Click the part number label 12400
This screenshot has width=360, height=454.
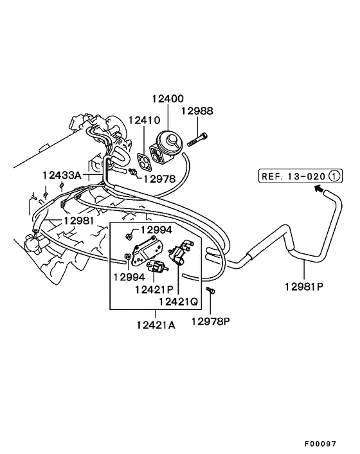pyautogui.click(x=168, y=99)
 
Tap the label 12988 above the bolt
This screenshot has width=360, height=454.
pyautogui.click(x=197, y=111)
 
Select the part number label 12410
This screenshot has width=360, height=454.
pyautogui.click(x=144, y=120)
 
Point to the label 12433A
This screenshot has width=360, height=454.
pyautogui.click(x=62, y=175)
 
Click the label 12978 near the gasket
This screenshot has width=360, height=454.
pyautogui.click(x=159, y=179)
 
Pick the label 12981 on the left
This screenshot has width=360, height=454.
pyautogui.click(x=78, y=221)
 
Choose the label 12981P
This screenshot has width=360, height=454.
pyautogui.click(x=304, y=287)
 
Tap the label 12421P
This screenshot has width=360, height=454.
pyautogui.click(x=154, y=289)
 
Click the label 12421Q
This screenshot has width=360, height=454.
pyautogui.click(x=178, y=302)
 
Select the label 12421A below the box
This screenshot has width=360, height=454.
pyautogui.click(x=156, y=325)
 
